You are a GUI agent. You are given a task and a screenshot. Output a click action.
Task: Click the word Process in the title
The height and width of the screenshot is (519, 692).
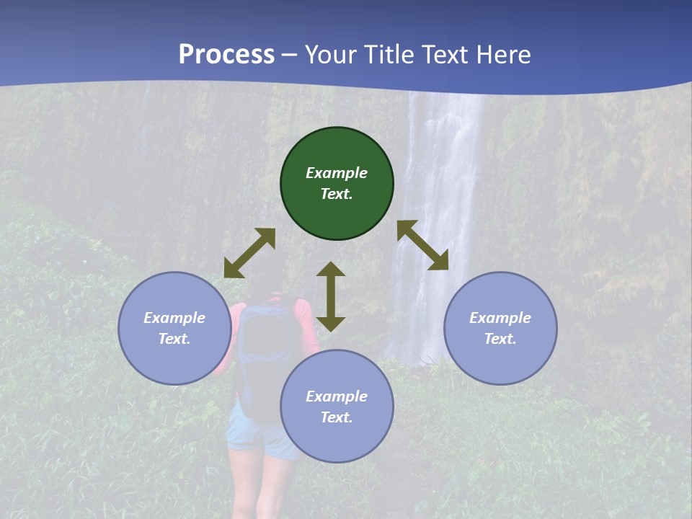[226, 54]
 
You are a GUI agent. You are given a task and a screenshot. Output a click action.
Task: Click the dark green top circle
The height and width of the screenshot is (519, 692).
[337, 209]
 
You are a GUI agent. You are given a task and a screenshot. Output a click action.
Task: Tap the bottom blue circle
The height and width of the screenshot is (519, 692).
[337, 440]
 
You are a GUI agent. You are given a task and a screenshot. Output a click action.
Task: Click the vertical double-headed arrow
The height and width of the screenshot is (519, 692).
[331, 296]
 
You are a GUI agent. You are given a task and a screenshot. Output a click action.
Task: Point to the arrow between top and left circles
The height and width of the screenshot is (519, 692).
[249, 253]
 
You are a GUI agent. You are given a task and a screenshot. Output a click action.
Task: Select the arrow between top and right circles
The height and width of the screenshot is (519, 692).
[423, 245]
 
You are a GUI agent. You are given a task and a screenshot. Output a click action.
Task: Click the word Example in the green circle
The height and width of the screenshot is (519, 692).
[337, 173]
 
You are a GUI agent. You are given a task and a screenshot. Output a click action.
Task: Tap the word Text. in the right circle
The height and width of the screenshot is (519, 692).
[500, 339]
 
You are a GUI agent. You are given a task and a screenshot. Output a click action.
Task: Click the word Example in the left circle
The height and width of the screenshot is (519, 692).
[174, 318]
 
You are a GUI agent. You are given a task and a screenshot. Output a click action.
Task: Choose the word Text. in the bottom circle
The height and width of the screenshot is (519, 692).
[337, 417]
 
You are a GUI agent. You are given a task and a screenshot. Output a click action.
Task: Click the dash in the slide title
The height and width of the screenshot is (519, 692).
[289, 55]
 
